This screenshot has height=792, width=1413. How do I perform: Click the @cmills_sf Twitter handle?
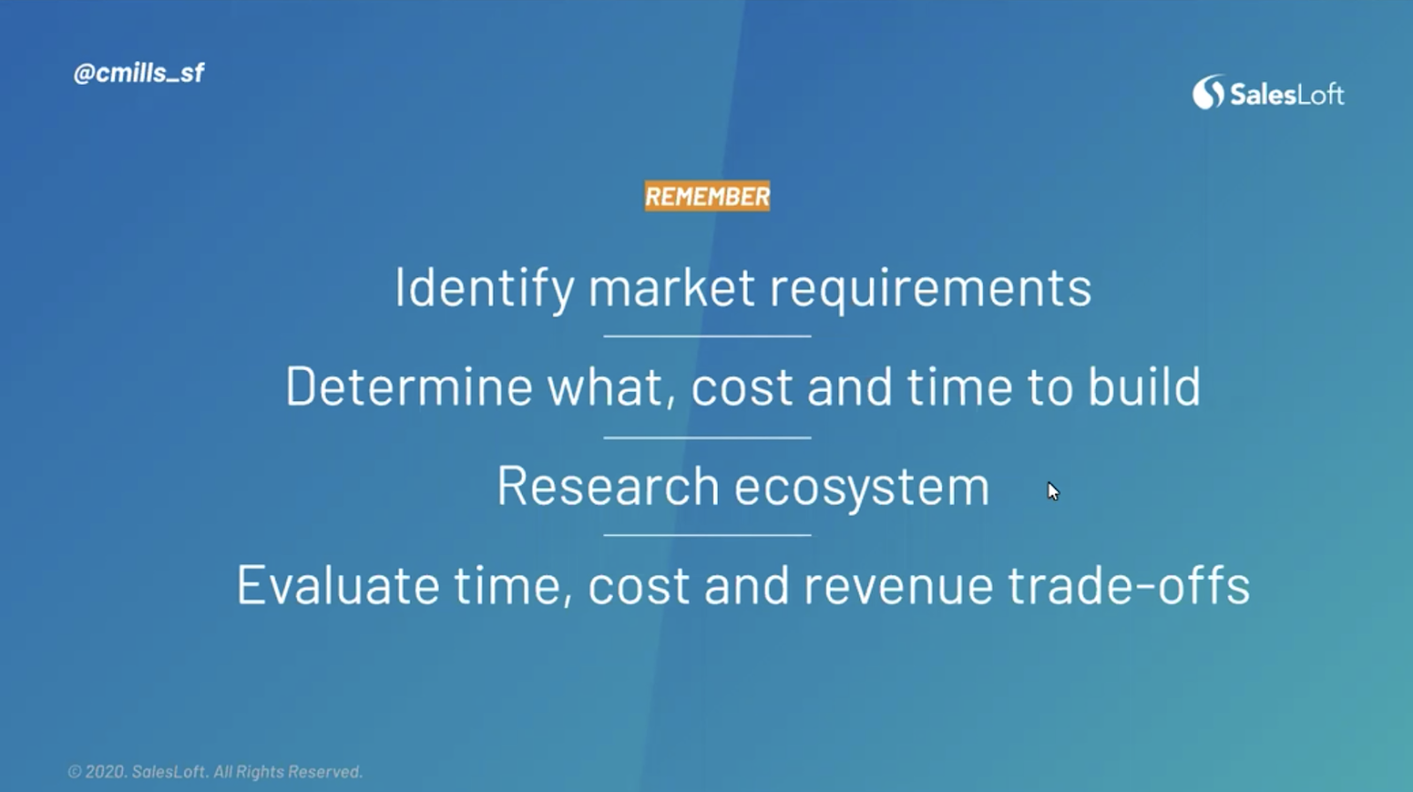click(139, 73)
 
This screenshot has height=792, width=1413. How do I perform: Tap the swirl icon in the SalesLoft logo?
click(1207, 93)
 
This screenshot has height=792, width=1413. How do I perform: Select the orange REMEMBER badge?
click(707, 196)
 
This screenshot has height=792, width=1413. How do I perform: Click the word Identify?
click(484, 288)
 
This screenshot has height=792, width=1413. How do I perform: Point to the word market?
click(672, 288)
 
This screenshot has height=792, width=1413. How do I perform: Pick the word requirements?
click(931, 290)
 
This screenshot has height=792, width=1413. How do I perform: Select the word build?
click(1144, 386)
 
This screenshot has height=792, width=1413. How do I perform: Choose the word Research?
click(608, 486)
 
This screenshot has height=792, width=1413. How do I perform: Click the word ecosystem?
click(862, 488)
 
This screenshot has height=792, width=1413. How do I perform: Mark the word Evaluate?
click(337, 585)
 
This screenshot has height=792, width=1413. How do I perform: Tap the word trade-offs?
click(1129, 585)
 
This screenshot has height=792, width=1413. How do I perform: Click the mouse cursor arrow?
click(1054, 491)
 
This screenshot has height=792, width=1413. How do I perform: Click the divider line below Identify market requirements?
click(707, 336)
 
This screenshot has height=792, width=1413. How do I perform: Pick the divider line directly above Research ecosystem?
click(707, 437)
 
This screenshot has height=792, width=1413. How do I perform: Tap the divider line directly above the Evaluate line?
click(707, 535)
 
